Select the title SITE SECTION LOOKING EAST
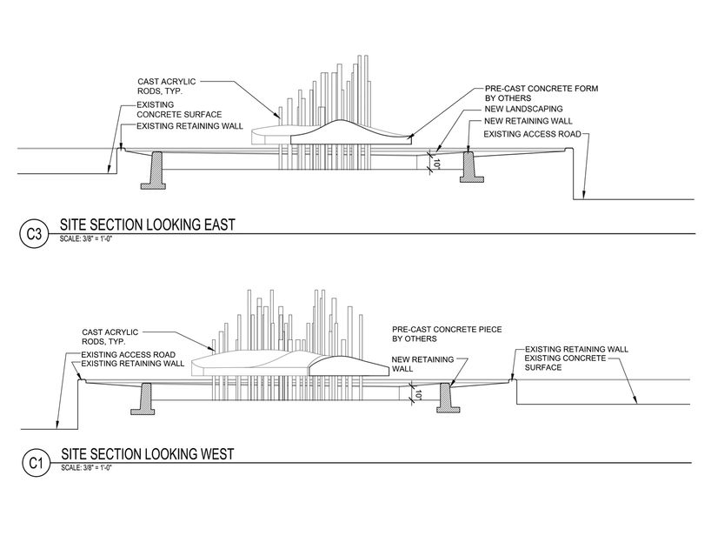click(x=147, y=225)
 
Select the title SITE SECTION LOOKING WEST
click(x=148, y=454)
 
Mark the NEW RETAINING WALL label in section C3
click(x=526, y=122)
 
